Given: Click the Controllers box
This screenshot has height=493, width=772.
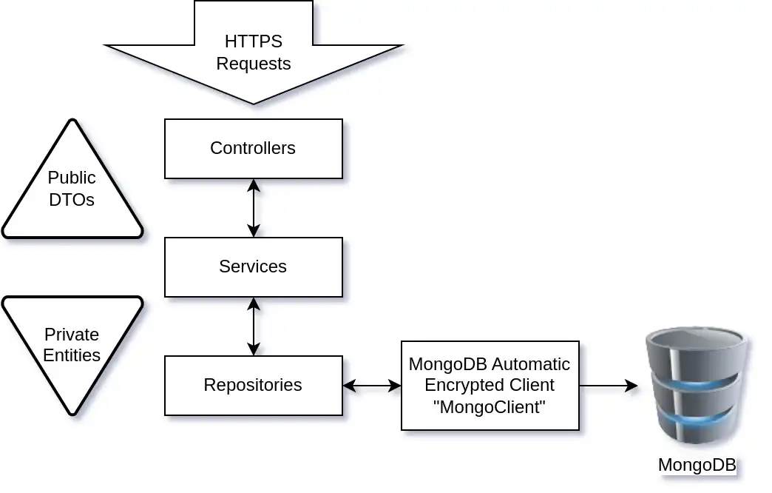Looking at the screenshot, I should pos(253,149).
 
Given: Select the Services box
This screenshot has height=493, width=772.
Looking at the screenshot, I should pos(253,267).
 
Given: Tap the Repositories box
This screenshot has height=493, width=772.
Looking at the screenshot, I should pos(253,386).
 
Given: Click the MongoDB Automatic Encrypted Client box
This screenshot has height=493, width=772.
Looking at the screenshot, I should pos(490,386).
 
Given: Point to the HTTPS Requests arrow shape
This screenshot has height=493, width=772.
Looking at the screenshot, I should pos(254,52).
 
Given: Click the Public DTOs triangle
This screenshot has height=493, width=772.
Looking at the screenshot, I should pos(72,190).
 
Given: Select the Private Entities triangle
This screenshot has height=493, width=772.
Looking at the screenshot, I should pos(72,345).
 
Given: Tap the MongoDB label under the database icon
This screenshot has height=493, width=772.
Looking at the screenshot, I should pos(697,465).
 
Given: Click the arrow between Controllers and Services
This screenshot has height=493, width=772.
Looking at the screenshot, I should pos(254,208).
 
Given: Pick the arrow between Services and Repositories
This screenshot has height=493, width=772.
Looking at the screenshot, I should pos(254,326).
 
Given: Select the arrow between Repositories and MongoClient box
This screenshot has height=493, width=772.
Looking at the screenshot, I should pos(372,386).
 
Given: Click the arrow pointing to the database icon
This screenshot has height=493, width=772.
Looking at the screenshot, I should pos(608,386).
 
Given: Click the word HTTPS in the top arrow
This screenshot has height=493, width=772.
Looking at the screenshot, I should pos(254,41).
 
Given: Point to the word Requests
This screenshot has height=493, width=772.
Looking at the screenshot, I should pos(254,64).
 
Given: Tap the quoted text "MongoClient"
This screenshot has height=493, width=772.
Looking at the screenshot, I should pos(490,406).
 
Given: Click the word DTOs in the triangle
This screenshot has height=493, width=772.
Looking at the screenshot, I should pos(72,199).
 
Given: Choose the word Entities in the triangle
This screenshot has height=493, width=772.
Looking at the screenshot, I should pos(72,355).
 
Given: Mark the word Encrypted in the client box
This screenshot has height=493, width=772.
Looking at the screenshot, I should pos(459,386).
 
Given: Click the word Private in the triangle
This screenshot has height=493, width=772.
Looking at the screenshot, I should pos(72,335).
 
